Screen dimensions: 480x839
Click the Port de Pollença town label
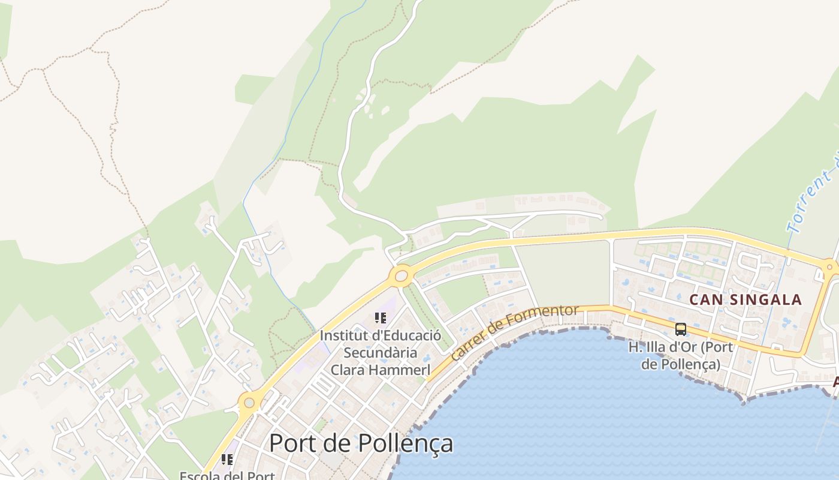click(361, 443)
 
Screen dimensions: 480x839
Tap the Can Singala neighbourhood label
click(746, 299)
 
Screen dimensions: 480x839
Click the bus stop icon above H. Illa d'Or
click(681, 329)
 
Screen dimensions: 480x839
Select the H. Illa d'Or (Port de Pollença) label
click(681, 355)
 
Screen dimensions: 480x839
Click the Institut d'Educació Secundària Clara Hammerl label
click(380, 352)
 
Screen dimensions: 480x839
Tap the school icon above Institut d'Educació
click(380, 317)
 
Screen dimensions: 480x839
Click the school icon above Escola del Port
click(227, 460)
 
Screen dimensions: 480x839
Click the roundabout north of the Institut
click(401, 277)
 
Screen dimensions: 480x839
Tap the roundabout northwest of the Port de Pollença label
click(249, 403)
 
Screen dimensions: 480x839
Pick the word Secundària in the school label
click(380, 352)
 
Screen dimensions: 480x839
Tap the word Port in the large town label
click(291, 443)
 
